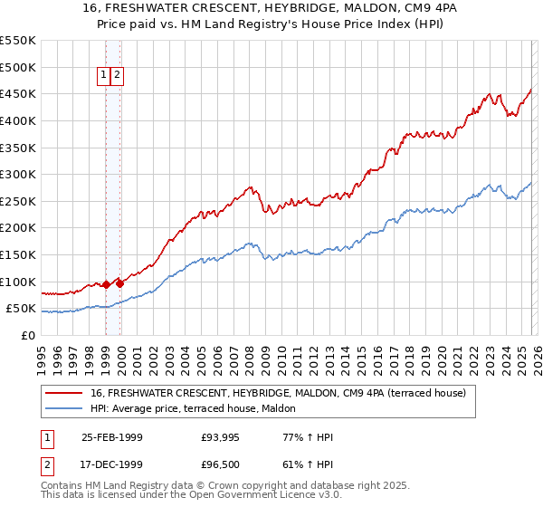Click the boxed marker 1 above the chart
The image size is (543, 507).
104,76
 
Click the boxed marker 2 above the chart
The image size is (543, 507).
118,76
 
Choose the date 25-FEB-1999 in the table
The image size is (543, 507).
110,437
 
